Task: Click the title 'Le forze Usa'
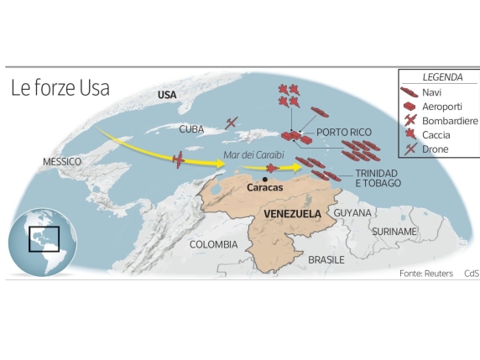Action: pos(60,88)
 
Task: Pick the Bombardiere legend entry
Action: pos(442,121)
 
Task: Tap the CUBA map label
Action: pos(191,129)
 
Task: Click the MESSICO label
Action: pos(62,161)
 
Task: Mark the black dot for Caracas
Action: pos(265,179)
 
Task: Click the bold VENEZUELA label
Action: pos(292,214)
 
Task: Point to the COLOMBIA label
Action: pos(213,244)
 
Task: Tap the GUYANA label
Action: pos(352,213)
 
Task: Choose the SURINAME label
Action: pos(394,231)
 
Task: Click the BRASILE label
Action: pos(326,260)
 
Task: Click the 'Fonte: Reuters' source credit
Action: pos(426,274)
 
